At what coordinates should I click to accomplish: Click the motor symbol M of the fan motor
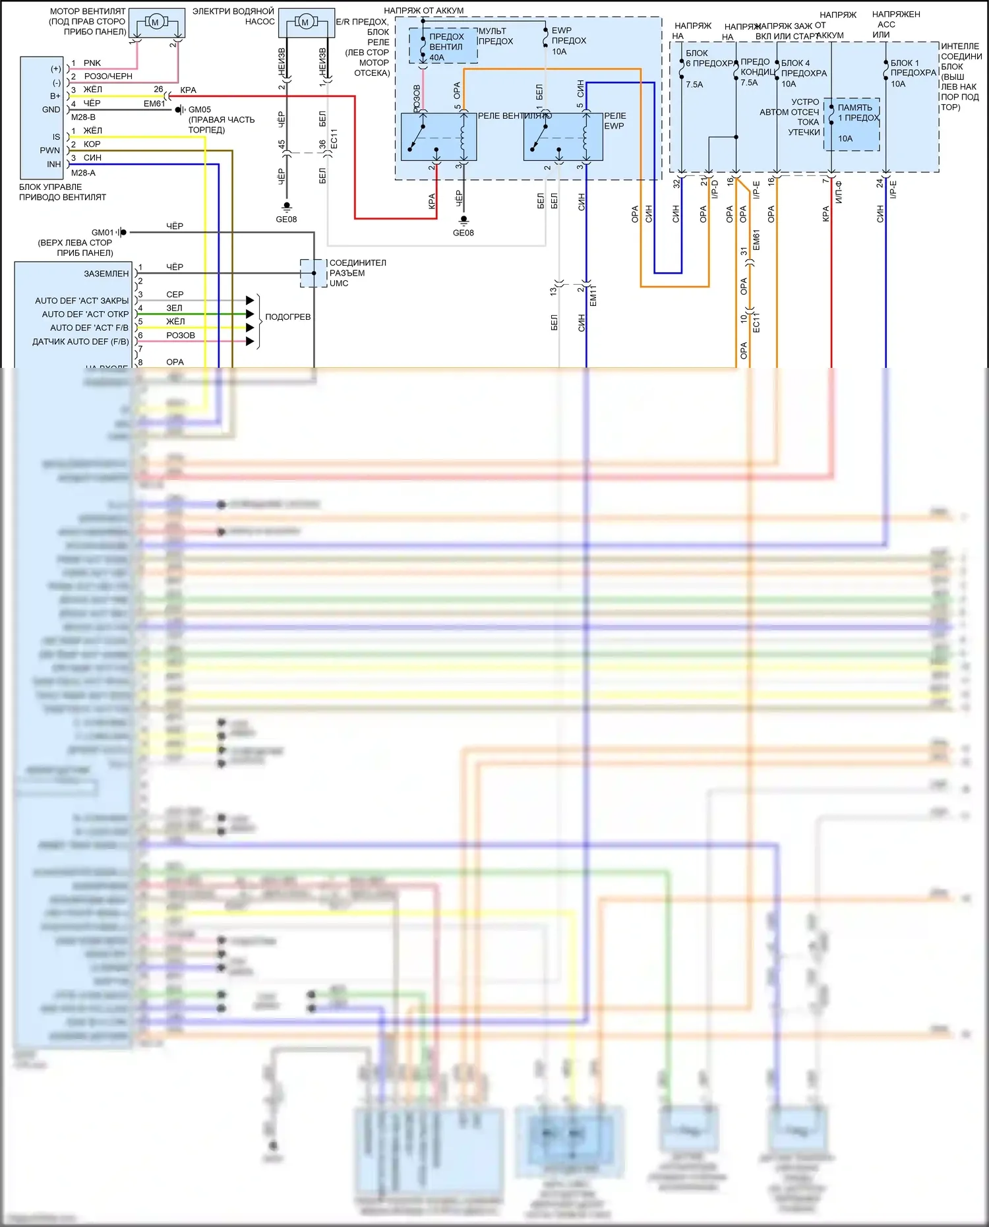click(156, 22)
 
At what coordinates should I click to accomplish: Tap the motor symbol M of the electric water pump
click(305, 22)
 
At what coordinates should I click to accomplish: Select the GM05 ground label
click(200, 109)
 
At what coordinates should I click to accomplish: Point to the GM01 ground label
click(102, 232)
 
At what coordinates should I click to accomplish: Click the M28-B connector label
click(83, 117)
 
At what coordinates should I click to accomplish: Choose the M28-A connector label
click(83, 173)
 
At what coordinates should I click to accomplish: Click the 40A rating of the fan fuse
click(436, 58)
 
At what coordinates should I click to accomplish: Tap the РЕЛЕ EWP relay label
click(615, 121)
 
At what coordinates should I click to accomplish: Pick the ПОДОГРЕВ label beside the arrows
click(287, 317)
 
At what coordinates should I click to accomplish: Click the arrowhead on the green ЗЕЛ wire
click(250, 314)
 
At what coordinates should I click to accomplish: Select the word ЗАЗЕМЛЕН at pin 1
click(106, 274)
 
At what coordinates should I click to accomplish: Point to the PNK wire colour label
click(92, 63)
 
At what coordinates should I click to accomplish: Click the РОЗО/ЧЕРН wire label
click(108, 76)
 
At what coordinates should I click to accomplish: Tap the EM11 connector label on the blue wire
click(593, 295)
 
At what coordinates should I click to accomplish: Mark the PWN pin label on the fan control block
click(49, 150)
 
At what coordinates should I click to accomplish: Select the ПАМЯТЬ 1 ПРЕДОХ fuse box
click(851, 124)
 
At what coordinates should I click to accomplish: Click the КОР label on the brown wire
click(92, 144)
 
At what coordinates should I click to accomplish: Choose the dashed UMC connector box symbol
click(313, 273)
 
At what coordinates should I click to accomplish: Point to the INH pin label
click(53, 164)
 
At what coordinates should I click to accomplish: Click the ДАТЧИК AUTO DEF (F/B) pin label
click(80, 342)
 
